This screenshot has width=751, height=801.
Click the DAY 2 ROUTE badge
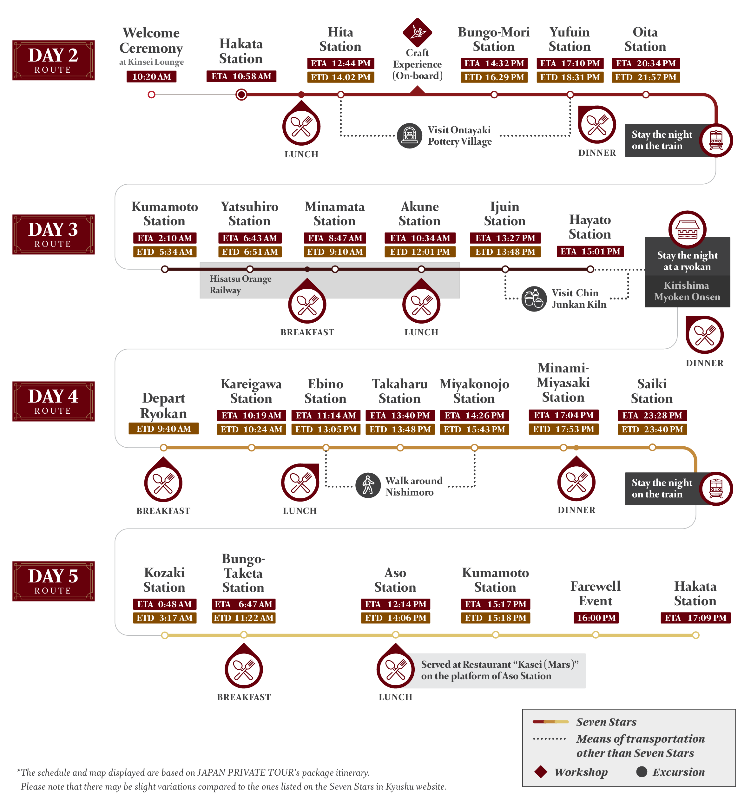pyautogui.click(x=54, y=61)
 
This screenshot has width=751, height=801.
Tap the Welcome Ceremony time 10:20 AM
pyautogui.click(x=151, y=76)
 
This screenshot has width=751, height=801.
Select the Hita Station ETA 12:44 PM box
pyautogui.click(x=340, y=63)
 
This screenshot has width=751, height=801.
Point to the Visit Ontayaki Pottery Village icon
pyautogui.click(x=409, y=135)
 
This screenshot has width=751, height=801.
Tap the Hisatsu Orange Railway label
pyautogui.click(x=240, y=285)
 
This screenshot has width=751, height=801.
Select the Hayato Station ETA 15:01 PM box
pyautogui.click(x=590, y=252)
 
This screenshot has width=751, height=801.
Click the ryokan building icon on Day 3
pyautogui.click(x=687, y=229)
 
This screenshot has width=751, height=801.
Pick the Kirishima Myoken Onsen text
pyautogui.click(x=687, y=291)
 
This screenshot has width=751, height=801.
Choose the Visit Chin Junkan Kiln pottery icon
pyautogui.click(x=534, y=299)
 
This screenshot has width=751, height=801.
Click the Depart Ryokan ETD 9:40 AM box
pyautogui.click(x=164, y=429)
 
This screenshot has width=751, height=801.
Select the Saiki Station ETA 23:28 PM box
pyautogui.click(x=652, y=415)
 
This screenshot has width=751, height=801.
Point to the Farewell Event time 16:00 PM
pyautogui.click(x=596, y=618)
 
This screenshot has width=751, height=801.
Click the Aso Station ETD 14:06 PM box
pyautogui.click(x=395, y=618)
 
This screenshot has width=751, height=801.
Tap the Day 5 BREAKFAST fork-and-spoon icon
pyautogui.click(x=244, y=669)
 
